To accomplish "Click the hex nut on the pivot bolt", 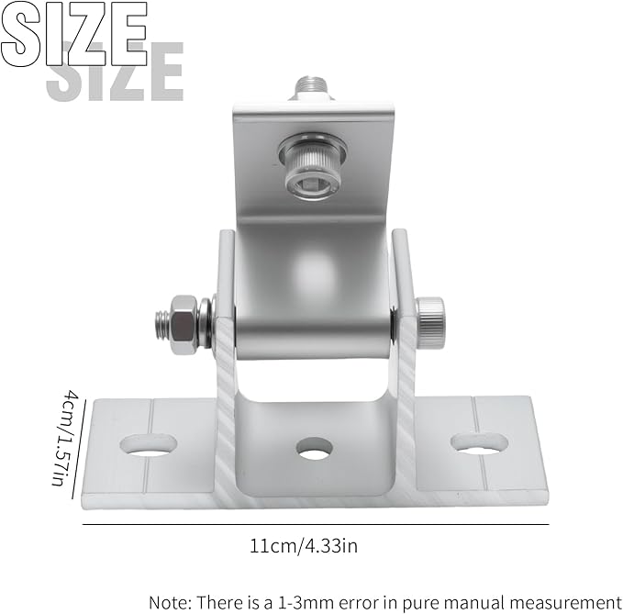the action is (x=184, y=325).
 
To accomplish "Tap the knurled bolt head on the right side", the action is (x=430, y=323).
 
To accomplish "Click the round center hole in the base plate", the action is (x=315, y=448).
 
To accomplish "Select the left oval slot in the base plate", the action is (x=149, y=445).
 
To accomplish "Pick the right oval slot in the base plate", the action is (x=480, y=443).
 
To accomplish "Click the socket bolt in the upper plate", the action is (x=313, y=167).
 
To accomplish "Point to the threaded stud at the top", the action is (x=311, y=88).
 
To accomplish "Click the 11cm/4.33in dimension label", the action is (x=303, y=546).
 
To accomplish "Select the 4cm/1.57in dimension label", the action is (x=64, y=438).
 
